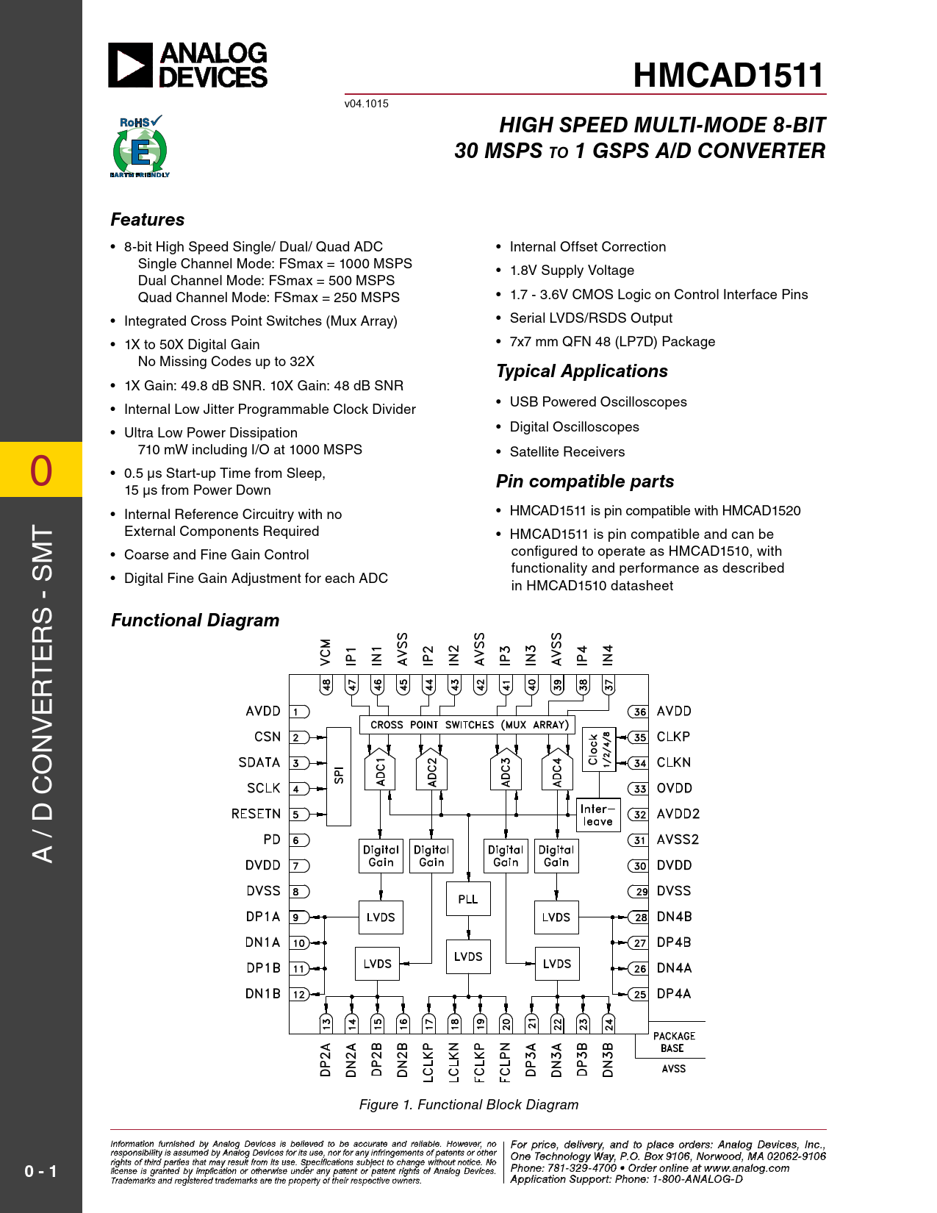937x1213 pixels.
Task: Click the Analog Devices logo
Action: pos(188,65)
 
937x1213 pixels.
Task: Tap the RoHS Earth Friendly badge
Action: pos(140,147)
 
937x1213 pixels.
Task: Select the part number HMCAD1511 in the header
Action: pos(728,75)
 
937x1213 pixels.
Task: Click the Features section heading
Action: pos(148,220)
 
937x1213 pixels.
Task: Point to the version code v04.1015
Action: pos(366,104)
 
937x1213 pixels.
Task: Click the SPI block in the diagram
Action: pos(339,776)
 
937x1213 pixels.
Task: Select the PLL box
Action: pos(468,899)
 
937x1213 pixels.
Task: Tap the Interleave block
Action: pos(598,815)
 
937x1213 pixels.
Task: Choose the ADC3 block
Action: pos(506,772)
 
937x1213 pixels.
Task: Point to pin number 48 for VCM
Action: pos(326,685)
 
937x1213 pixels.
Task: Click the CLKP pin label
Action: pos(673,737)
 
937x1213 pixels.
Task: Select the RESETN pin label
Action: pos(256,814)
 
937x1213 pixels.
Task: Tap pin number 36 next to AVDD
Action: pos(639,712)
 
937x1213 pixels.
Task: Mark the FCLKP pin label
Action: pos(479,1061)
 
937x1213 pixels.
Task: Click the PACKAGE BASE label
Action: pos(674,1042)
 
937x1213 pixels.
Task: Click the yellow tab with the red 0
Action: pos(41,470)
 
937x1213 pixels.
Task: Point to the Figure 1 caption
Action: pos(468,1105)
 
